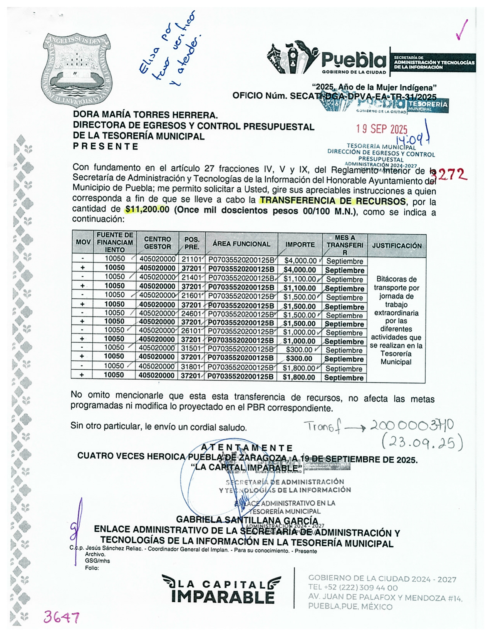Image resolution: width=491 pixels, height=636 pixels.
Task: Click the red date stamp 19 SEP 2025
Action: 381,129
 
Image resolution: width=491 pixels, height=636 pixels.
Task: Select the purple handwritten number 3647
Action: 61,617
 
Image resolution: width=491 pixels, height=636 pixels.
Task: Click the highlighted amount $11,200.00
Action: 147,210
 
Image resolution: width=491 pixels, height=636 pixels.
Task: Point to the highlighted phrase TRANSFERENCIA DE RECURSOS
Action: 332,201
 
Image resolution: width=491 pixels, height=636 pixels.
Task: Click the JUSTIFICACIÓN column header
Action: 397,246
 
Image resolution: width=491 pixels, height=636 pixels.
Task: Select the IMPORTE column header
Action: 300,244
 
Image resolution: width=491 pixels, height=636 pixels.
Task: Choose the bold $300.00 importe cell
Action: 299,358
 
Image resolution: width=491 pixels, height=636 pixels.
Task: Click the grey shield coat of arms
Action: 77,69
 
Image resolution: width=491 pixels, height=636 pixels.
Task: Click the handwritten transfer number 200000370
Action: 412,426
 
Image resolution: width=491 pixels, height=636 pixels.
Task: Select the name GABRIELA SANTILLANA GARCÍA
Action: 247,521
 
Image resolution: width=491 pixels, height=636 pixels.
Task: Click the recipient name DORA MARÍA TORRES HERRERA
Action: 145,115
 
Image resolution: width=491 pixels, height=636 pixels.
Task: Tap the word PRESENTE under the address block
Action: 106,146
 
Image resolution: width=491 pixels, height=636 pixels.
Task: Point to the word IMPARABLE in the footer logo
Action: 223,597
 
